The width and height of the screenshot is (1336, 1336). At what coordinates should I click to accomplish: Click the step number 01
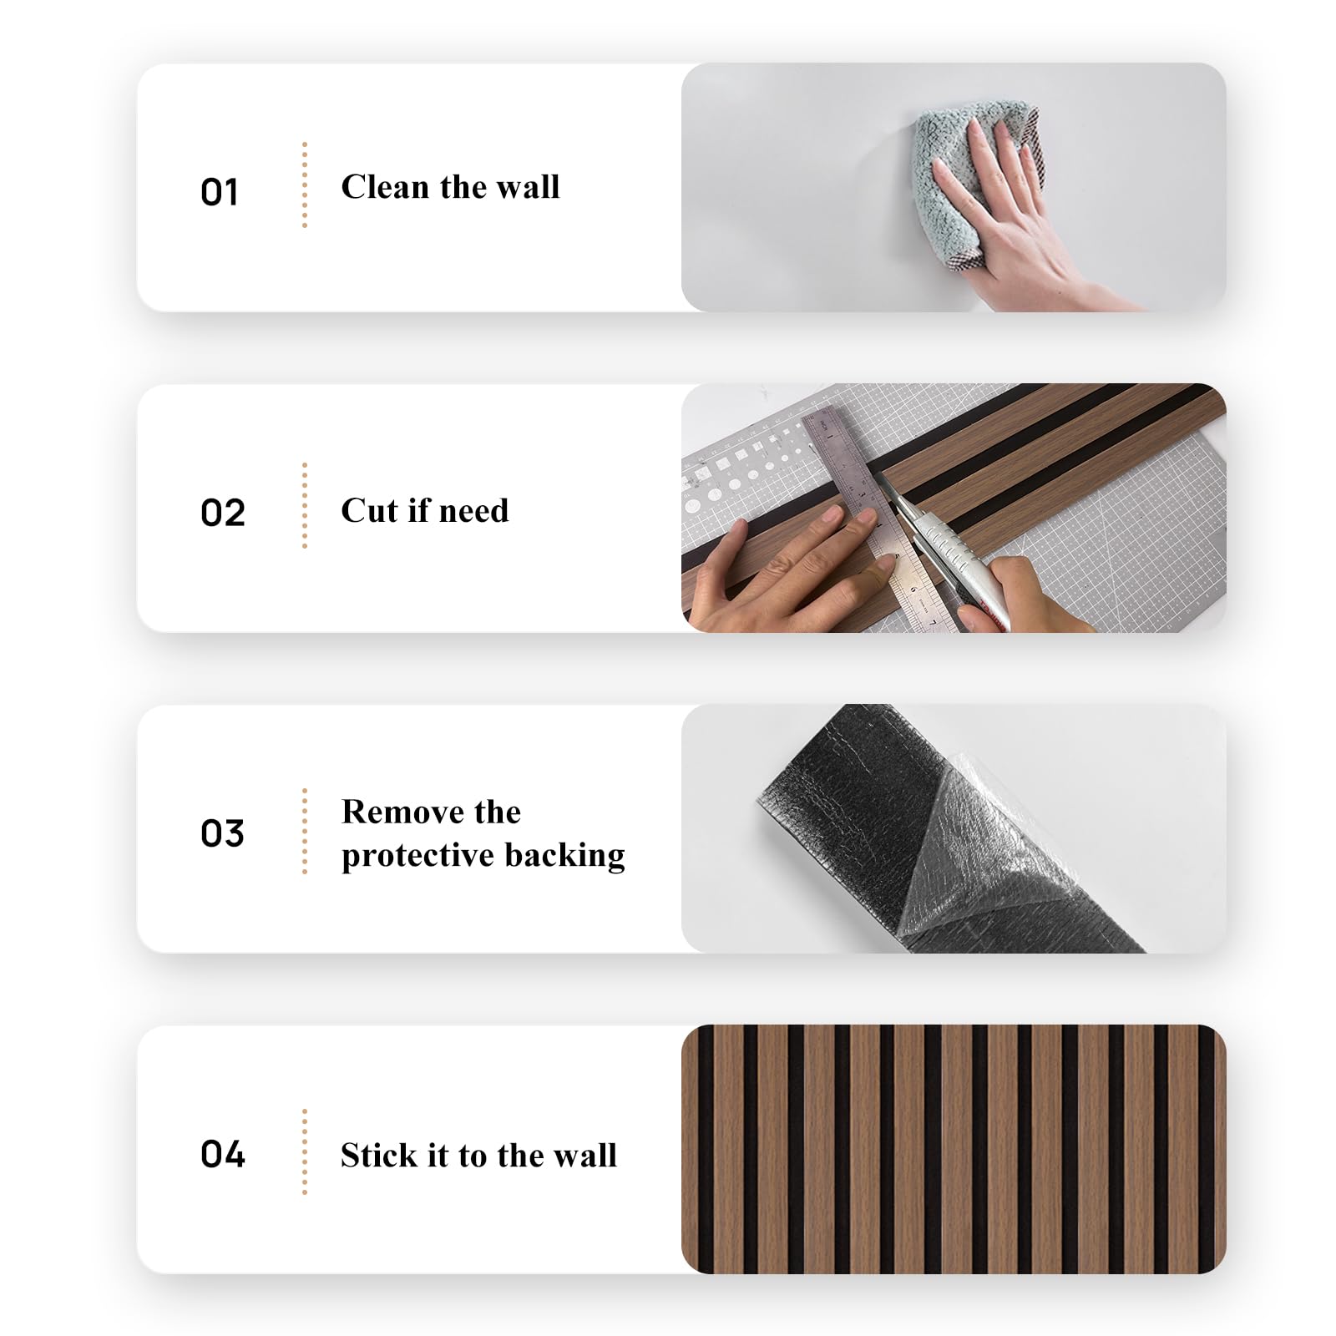pos(220,192)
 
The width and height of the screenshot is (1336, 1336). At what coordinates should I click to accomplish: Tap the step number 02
pos(223,513)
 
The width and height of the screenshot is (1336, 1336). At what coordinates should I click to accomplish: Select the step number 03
pos(223,833)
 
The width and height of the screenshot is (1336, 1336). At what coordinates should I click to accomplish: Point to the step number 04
pos(223,1154)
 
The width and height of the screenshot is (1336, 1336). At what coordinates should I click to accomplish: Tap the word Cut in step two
pos(369,510)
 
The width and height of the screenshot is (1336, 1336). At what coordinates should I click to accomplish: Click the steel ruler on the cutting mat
pos(877,518)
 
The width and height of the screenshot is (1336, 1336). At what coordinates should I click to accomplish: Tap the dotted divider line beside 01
pos(305,185)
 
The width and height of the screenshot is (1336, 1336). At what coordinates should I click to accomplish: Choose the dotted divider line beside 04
pos(305,1151)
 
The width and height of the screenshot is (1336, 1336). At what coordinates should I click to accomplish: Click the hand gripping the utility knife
pos(1023,597)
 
